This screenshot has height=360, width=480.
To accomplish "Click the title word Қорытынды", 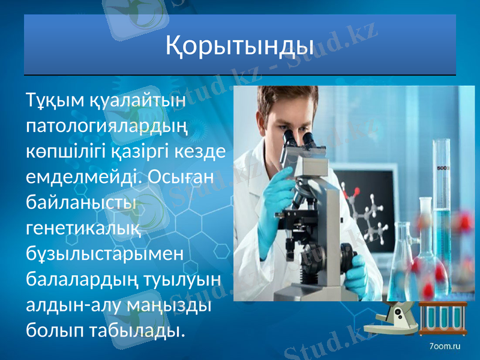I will point(239,46).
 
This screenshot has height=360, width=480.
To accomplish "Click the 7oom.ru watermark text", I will point(445,346).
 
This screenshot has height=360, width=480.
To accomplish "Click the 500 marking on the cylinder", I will point(443,169).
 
